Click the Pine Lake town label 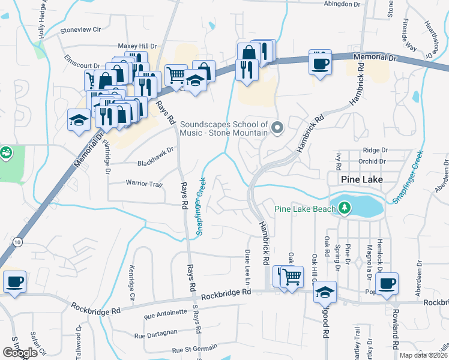[358, 179]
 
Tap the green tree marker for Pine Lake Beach [344, 208]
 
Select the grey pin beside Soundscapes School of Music [277, 127]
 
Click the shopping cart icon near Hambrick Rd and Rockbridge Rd [292, 277]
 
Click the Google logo [20, 353]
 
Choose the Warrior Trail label [144, 183]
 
